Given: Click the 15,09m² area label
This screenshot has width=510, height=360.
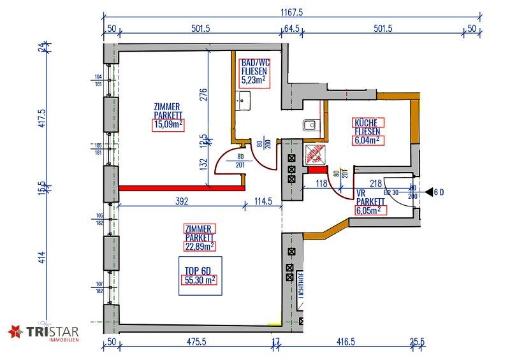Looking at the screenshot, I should coord(168,125).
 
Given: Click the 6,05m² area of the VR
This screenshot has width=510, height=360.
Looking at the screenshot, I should coord(369,208).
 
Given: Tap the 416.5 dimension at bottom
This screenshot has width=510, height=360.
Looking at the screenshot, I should coord(344,342).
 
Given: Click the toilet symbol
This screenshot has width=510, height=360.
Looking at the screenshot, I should coord(310,125).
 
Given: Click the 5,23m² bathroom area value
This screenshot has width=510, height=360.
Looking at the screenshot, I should coord(254,81).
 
